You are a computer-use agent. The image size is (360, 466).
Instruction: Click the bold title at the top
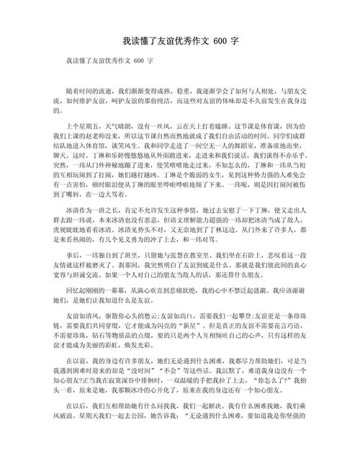180,42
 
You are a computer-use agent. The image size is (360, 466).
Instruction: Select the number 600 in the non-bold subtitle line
139,62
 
